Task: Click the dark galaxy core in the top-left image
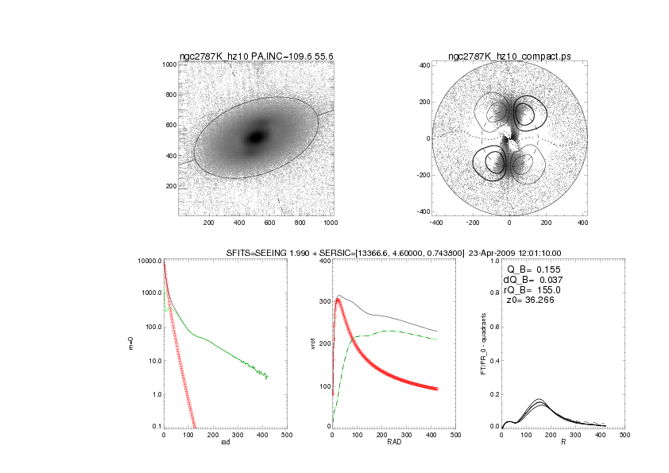click(x=256, y=138)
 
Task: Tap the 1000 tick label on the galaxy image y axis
click(x=169, y=64)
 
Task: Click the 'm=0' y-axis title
click(x=131, y=344)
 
